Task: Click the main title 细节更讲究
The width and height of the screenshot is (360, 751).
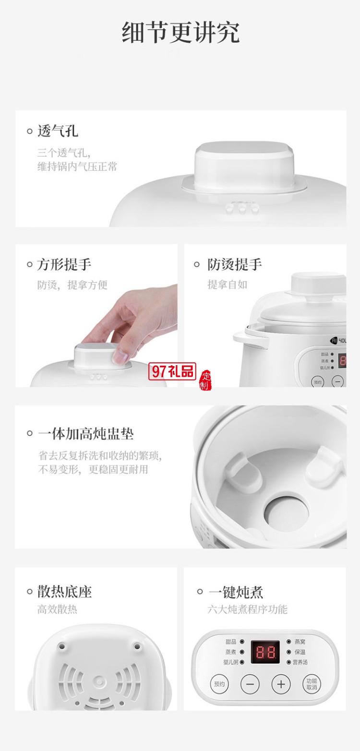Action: pos(180,33)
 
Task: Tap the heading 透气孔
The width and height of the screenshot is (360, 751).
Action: pos(58,131)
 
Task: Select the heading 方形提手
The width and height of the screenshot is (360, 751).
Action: pos(64,264)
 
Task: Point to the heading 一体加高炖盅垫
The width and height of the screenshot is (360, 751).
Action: pos(85,434)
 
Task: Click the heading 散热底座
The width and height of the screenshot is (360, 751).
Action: pos(64,592)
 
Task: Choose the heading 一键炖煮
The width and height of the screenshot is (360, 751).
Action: pos(235,592)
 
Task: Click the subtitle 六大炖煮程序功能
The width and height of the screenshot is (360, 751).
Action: pos(247,609)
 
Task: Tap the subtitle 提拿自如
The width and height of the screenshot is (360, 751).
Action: pos(227,285)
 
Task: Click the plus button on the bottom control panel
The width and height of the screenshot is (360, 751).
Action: pos(281,683)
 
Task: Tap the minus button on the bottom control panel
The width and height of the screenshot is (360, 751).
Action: pos(250,683)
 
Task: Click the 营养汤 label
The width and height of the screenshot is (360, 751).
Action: pos(300,662)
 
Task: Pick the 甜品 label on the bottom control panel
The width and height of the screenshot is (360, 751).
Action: pos(230,641)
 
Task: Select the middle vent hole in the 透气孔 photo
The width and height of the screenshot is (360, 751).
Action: pos(242,209)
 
